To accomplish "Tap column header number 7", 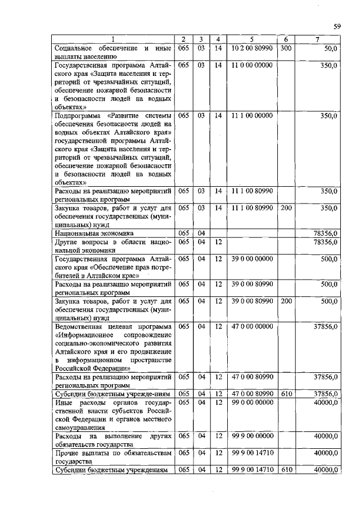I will (318, 39).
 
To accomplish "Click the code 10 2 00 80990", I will (252, 49).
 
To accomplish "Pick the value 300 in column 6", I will (286, 49).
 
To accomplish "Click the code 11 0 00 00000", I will (252, 66).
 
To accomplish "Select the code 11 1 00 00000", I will (252, 115).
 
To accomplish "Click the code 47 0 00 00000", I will (252, 326).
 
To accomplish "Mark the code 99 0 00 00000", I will (252, 402).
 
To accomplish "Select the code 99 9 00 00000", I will (252, 436).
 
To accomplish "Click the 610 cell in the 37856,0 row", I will (286, 394).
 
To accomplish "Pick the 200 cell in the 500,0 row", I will (286, 301).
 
